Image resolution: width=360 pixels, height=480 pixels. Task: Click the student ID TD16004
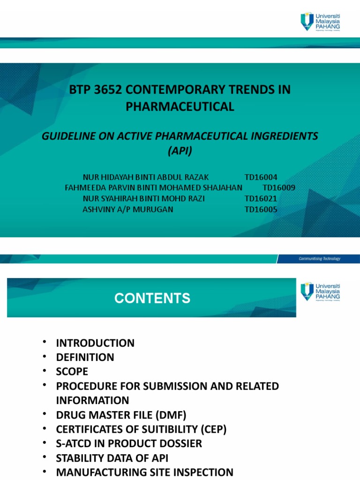(261, 177)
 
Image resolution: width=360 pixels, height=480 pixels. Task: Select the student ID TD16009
(279, 188)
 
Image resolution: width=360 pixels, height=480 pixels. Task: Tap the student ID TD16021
(261, 199)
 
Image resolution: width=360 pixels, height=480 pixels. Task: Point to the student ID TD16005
(261, 210)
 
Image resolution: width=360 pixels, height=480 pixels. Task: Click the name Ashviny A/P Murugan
(127, 210)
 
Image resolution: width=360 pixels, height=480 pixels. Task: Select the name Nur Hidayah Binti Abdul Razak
(145, 177)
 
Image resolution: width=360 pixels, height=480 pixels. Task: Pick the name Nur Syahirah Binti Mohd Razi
(143, 199)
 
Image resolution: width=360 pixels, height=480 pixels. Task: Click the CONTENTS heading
(153, 298)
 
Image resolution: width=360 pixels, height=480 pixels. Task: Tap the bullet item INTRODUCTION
(95, 343)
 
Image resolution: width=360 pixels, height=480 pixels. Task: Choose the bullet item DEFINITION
(85, 357)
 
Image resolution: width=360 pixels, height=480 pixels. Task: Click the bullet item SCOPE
(72, 372)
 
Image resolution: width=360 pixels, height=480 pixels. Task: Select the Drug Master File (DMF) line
(121, 415)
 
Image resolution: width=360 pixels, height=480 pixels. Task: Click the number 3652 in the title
(106, 90)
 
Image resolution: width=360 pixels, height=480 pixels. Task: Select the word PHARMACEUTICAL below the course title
(180, 107)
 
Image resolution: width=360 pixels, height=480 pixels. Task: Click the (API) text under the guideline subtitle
(180, 152)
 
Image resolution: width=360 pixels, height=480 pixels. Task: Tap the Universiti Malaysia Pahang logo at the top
(320, 22)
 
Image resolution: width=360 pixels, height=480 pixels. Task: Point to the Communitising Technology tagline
(320, 259)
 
